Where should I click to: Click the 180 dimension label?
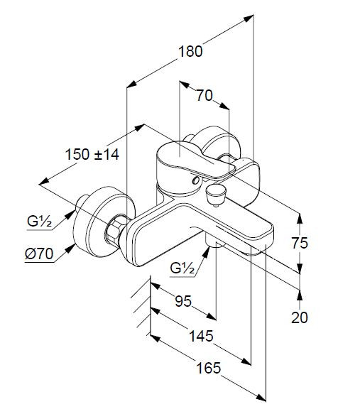click(190, 52)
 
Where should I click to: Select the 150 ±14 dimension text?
click(92, 155)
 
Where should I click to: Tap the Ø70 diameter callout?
click(39, 254)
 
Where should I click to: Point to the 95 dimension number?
click(183, 301)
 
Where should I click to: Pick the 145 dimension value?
click(201, 336)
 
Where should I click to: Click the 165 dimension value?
click(209, 368)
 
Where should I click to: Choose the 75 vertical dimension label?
click(300, 243)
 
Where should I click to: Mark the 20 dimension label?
click(300, 317)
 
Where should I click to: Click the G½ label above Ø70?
click(39, 222)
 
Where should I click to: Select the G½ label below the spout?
click(182, 268)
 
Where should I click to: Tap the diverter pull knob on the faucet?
click(217, 195)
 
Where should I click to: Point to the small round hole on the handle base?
click(196, 180)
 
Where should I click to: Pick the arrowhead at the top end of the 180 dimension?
click(249, 18)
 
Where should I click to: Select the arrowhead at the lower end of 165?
click(261, 405)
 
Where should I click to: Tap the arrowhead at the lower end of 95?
click(211, 317)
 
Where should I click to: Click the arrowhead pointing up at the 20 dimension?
click(300, 295)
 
